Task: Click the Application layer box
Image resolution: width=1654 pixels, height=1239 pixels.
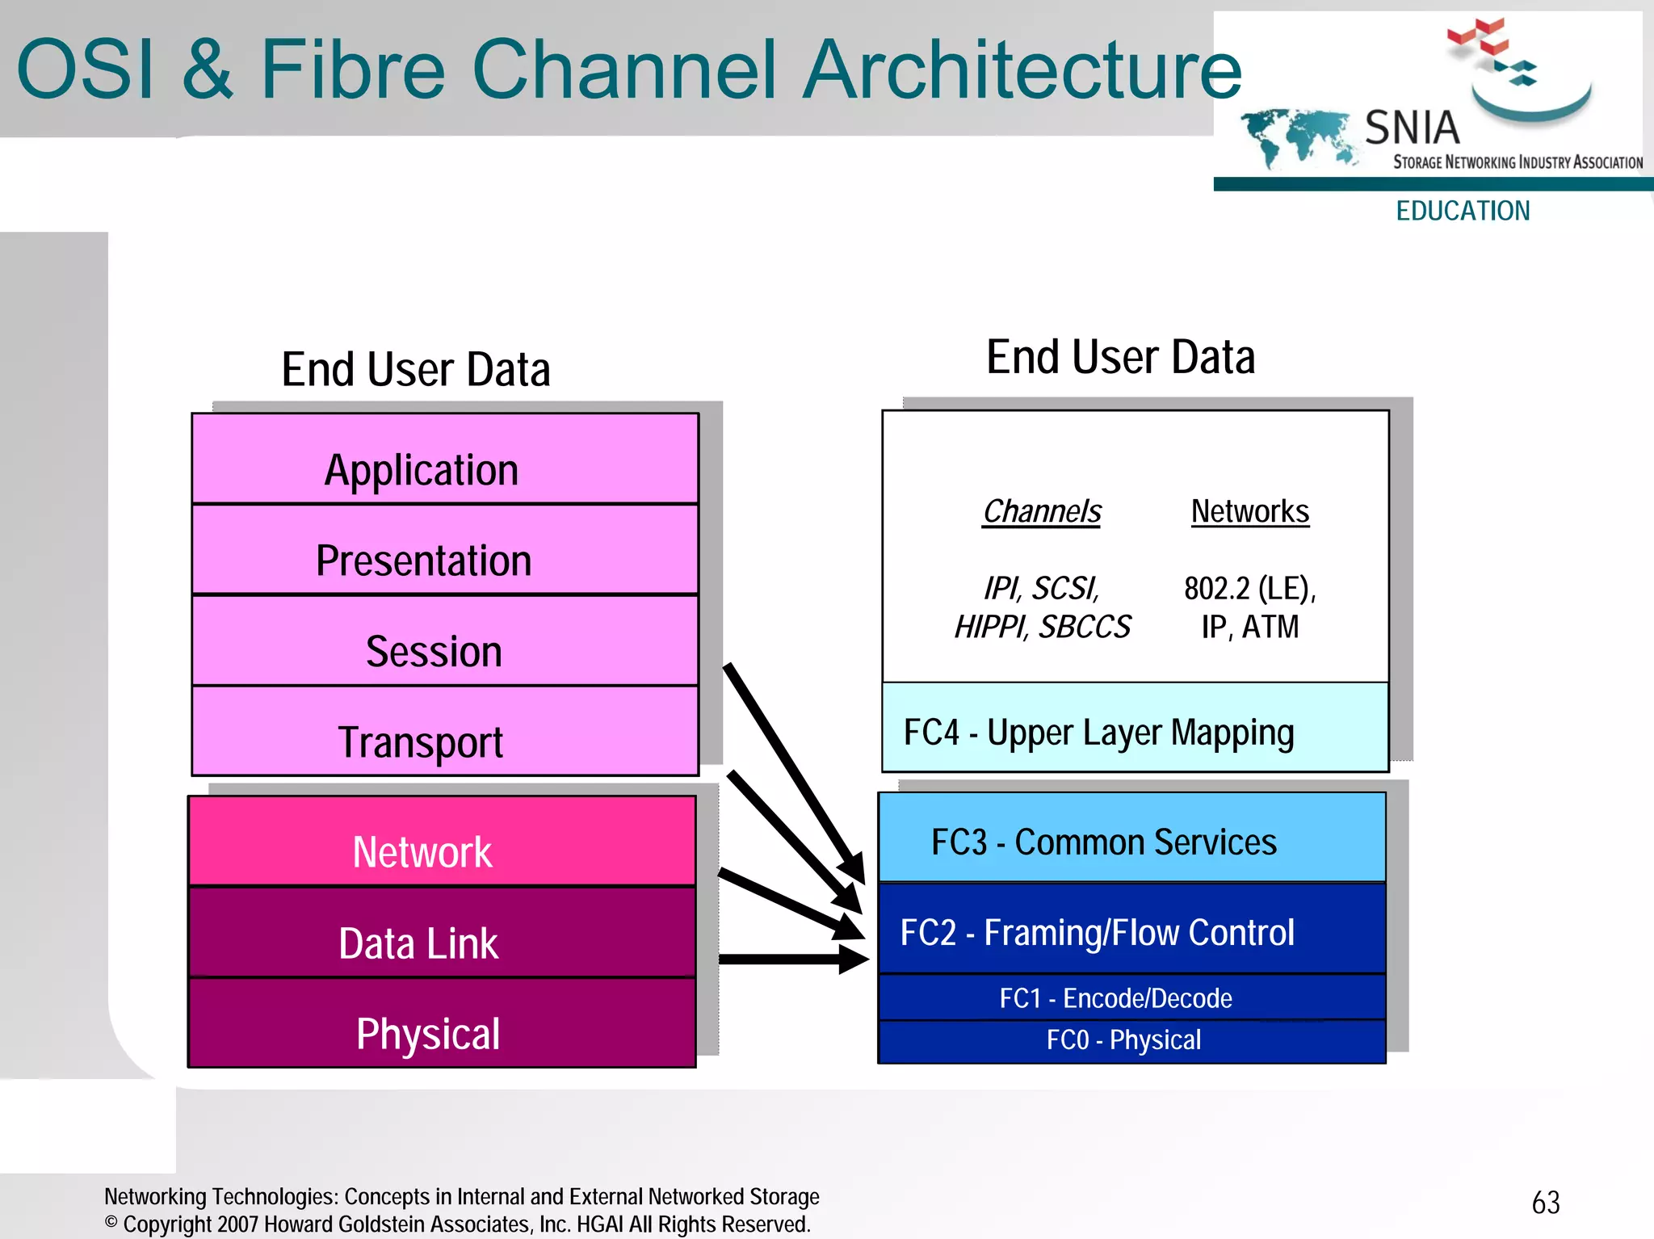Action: pos(444,460)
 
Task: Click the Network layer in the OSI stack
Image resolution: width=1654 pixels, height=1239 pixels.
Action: pos(441,842)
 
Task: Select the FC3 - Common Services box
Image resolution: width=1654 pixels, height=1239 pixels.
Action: pos(1131,838)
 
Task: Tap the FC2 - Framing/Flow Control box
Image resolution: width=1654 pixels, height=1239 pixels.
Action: pos(1131,930)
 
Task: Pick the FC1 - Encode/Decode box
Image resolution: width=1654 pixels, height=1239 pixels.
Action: pos(1131,998)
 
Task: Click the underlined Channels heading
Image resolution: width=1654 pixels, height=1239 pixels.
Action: pos(1041,512)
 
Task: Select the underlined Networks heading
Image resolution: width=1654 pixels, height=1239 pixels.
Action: pos(1249,512)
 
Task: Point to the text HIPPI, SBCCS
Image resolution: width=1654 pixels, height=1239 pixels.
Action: pos(1042,628)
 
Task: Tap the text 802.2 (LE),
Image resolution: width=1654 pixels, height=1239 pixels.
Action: pos(1249,589)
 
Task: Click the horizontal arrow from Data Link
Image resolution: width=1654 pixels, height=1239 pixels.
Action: pos(787,960)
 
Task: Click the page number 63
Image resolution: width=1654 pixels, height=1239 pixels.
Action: pos(1545,1203)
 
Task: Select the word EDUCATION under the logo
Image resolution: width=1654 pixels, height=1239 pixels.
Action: pos(1463,212)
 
